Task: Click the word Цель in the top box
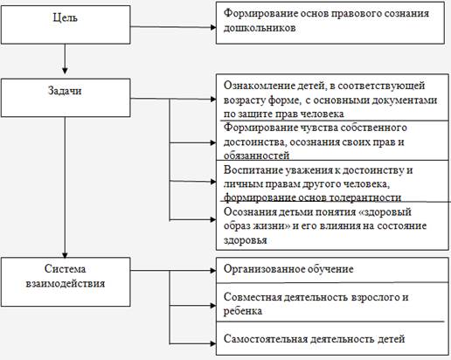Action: (x=66, y=17)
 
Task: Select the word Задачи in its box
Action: (x=65, y=91)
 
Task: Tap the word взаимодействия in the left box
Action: (x=66, y=283)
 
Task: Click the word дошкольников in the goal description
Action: (x=260, y=28)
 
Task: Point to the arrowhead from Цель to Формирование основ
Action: (x=213, y=27)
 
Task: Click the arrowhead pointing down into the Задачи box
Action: (x=65, y=71)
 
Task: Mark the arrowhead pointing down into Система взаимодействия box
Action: (x=65, y=254)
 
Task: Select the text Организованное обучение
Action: (x=288, y=269)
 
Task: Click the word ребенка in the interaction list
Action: (x=243, y=311)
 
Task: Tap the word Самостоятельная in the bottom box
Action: (x=266, y=339)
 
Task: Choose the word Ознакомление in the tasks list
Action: (x=258, y=86)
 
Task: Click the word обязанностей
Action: (x=256, y=156)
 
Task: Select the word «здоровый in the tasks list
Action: (x=385, y=212)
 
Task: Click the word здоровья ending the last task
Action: (x=245, y=240)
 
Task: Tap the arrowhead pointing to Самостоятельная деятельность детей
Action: (x=213, y=343)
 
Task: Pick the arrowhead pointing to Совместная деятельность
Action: (x=213, y=306)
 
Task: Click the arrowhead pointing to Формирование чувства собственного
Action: (x=213, y=142)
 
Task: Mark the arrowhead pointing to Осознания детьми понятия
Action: (x=213, y=219)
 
